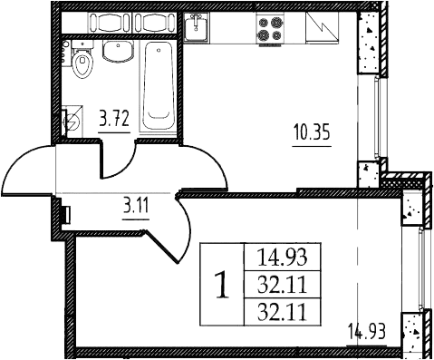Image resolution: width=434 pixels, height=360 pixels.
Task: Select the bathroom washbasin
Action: [118, 51]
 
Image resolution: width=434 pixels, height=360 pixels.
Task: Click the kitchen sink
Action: [197, 26]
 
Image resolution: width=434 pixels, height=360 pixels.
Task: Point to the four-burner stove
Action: [270, 28]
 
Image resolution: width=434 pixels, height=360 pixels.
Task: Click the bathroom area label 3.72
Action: [115, 119]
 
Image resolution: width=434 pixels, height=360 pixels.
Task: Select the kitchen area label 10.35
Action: [312, 133]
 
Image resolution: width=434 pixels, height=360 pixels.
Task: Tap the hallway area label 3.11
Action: [136, 207]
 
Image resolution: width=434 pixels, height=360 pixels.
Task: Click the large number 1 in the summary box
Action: [222, 286]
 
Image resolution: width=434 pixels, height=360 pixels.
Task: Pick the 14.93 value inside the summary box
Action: [282, 258]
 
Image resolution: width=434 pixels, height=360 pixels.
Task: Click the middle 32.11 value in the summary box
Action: [282, 285]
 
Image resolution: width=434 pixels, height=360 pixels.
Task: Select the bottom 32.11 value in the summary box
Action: [282, 312]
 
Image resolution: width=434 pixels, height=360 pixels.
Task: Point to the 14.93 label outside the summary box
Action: [367, 331]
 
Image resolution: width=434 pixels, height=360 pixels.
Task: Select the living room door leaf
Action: [162, 247]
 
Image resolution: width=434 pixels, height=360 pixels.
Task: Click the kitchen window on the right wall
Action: [376, 117]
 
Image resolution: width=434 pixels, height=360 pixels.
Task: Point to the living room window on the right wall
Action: [420, 269]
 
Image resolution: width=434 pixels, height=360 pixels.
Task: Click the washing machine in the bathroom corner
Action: [72, 122]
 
